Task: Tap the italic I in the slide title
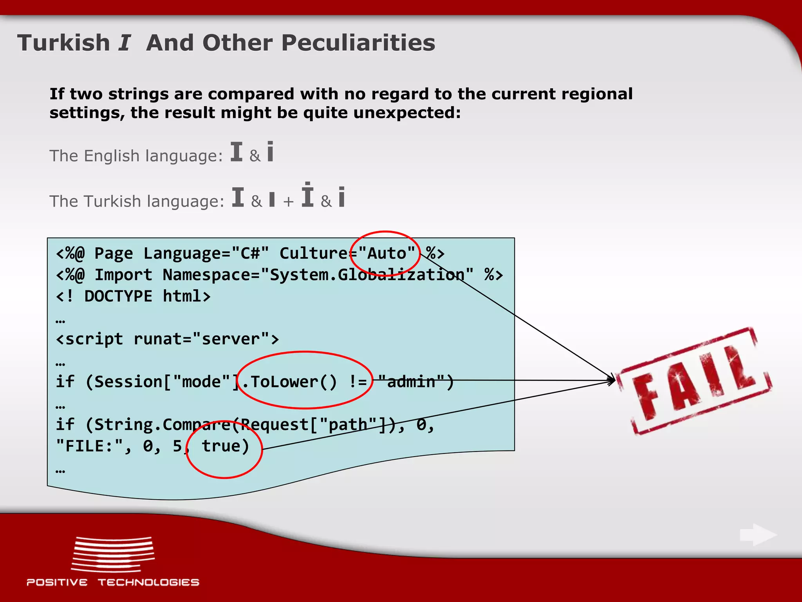coord(125,43)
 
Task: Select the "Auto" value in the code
coord(387,254)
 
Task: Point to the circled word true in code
coord(225,446)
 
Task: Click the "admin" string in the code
coord(412,382)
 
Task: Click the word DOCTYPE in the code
coord(118,296)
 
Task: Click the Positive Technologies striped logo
coord(113,554)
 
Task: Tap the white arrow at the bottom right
coord(758,535)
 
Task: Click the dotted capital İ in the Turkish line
coord(307,195)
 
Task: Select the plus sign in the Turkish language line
coord(288,202)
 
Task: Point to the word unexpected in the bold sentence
coord(403,113)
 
